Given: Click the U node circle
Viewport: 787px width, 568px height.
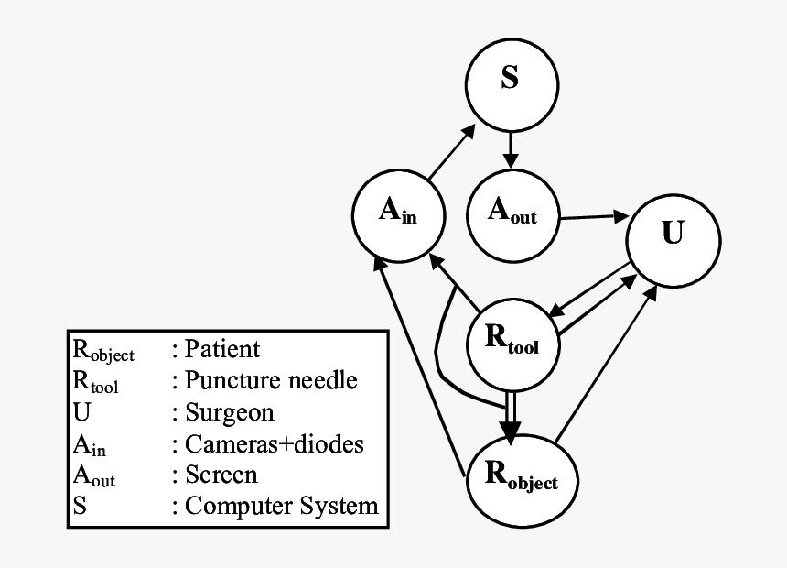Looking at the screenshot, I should tap(671, 235).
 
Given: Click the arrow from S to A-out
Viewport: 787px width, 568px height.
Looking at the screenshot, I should tap(511, 147).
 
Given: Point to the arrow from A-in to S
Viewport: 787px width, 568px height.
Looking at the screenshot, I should tap(450, 152).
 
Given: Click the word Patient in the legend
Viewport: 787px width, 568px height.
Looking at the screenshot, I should tap(222, 349).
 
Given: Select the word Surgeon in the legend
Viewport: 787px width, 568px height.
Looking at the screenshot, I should tap(229, 412).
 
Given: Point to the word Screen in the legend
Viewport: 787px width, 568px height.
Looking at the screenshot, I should tap(221, 475).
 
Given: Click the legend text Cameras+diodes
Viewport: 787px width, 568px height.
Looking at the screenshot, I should tap(274, 443).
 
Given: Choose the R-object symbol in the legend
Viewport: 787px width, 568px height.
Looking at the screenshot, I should tap(102, 351).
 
